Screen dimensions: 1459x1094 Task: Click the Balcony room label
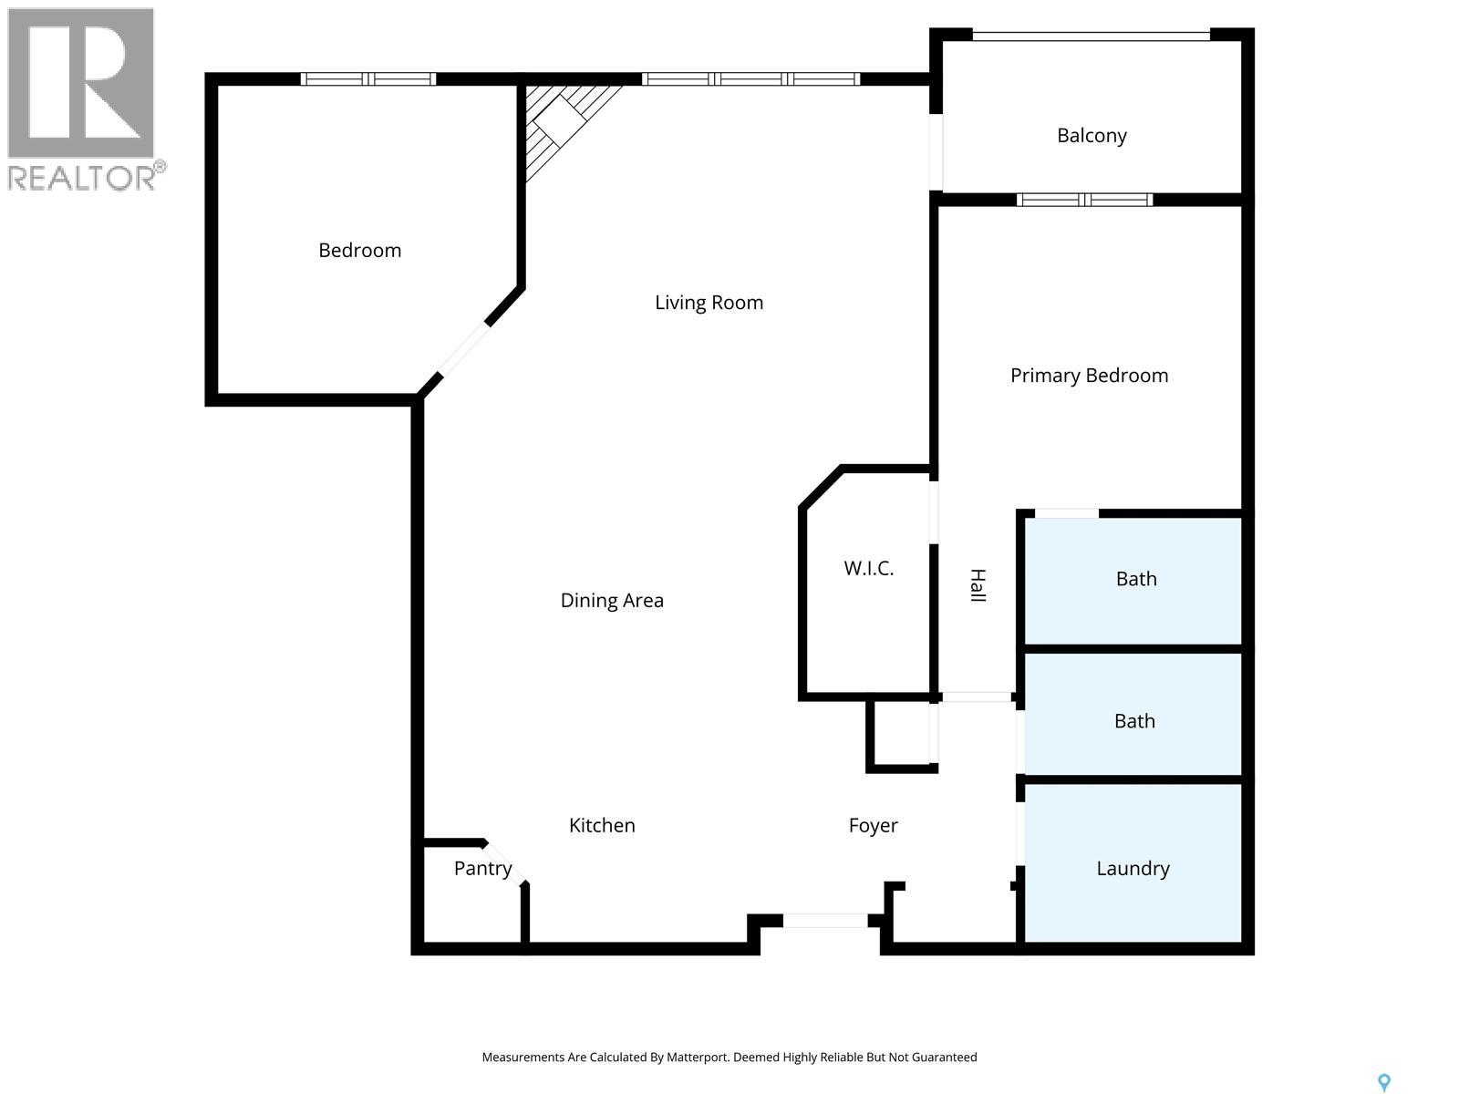click(x=1092, y=136)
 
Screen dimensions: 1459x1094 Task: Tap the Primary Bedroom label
click(x=1089, y=376)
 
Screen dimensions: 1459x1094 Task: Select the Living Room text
click(x=709, y=304)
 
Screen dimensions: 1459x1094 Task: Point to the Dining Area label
click(x=612, y=601)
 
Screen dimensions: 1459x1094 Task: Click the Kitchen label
click(x=602, y=826)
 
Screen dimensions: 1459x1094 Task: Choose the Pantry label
click(x=482, y=869)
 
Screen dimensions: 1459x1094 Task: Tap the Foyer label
click(x=873, y=826)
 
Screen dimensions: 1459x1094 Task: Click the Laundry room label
click(x=1133, y=869)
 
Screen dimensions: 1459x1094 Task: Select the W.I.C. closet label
click(x=868, y=569)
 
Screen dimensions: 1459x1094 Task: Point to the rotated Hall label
click(x=978, y=585)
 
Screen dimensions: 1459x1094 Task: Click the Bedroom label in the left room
click(x=359, y=251)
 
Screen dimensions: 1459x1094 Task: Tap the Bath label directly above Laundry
click(x=1134, y=721)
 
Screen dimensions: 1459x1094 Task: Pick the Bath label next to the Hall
click(x=1136, y=579)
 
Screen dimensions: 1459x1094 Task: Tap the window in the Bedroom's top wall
click(x=368, y=79)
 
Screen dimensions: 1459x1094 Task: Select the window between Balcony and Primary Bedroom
click(x=1084, y=200)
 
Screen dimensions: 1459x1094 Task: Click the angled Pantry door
click(x=504, y=862)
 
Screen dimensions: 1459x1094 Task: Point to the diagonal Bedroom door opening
click(x=463, y=349)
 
